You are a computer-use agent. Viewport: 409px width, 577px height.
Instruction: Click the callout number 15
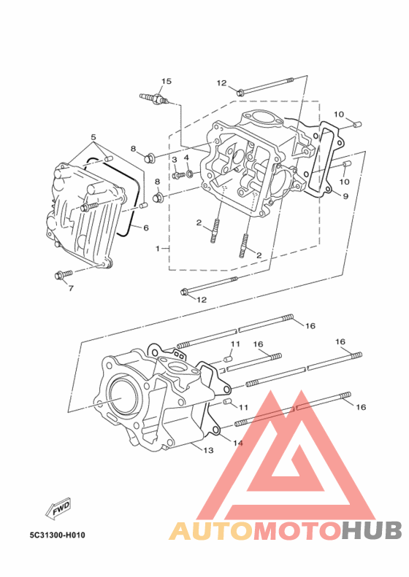pyautogui.click(x=167, y=81)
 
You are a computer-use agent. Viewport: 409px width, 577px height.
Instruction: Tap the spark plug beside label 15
pyautogui.click(x=155, y=98)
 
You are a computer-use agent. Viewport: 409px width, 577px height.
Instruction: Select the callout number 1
pyautogui.click(x=158, y=249)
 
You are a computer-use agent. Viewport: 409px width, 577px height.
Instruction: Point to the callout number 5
pyautogui.click(x=93, y=137)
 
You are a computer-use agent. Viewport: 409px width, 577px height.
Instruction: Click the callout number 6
pyautogui.click(x=146, y=228)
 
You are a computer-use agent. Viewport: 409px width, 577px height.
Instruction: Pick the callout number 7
pyautogui.click(x=71, y=288)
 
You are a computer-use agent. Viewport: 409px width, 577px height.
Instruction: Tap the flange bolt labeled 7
pyautogui.click(x=64, y=274)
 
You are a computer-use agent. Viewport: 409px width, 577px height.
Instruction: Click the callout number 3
pyautogui.click(x=175, y=160)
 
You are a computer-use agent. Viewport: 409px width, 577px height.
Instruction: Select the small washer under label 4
pyautogui.click(x=189, y=174)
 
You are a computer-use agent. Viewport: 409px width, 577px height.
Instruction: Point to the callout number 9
pyautogui.click(x=345, y=196)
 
